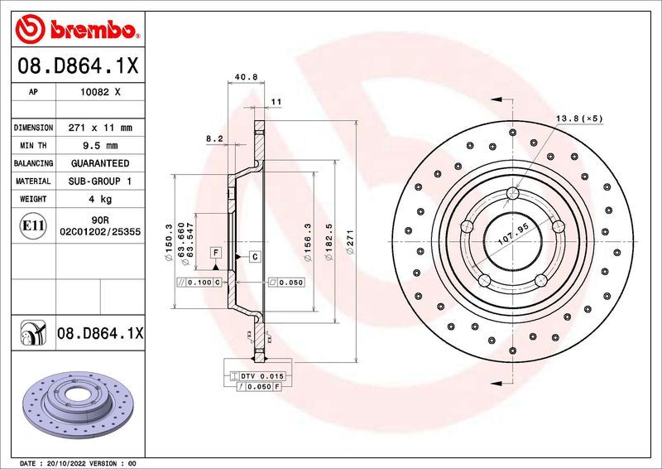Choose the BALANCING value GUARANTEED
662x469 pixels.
(x=100, y=163)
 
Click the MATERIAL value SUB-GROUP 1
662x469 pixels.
(x=100, y=181)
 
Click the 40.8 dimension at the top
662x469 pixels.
(x=246, y=77)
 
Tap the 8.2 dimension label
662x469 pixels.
(x=214, y=139)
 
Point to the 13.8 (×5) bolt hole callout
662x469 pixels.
(x=579, y=118)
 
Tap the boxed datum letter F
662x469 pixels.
(x=215, y=251)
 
